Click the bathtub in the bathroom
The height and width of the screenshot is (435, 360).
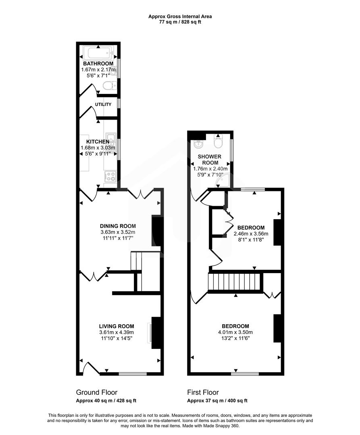coord(99,52)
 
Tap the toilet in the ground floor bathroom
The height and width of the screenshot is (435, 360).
coord(108,86)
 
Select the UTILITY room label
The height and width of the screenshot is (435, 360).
coord(103,105)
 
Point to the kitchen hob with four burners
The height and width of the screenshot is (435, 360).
coord(110,176)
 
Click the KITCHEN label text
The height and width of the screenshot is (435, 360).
coord(98,142)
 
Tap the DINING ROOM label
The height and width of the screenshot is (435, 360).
coord(118,226)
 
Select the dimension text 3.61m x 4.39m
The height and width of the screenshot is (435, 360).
coord(117,332)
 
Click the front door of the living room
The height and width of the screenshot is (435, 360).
coord(91,369)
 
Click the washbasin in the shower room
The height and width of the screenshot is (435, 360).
coord(199,144)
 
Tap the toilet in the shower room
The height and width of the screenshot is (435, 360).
coord(218,143)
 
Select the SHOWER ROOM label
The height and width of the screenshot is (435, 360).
coord(208,159)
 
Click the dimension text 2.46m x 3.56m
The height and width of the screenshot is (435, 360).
coord(251,234)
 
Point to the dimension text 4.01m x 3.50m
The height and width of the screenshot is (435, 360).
coord(235,332)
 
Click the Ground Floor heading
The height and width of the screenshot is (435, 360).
coord(97,392)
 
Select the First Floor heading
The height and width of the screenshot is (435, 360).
coord(203,392)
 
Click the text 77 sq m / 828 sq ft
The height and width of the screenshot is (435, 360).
coord(180,22)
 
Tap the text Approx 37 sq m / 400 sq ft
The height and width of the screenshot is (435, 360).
coord(217,401)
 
